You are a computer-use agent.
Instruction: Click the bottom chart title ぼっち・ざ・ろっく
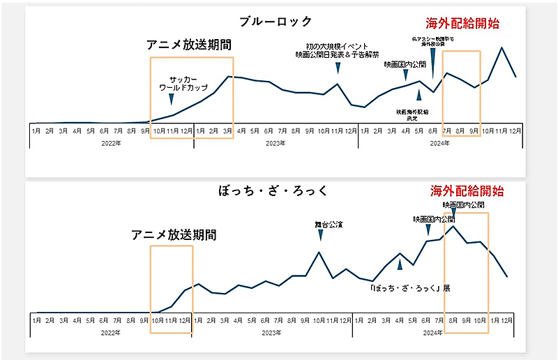pos(271,190)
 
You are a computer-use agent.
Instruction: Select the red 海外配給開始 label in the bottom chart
pos(465,190)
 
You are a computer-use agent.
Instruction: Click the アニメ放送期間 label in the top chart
pos(188,44)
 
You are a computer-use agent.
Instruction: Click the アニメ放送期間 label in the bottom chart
pos(173,235)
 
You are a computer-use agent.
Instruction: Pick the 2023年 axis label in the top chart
pos(275,144)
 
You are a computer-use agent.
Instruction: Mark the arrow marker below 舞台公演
pos(320,236)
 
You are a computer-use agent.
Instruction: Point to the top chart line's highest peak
pos(502,47)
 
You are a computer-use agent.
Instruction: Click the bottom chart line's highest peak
pos(453,225)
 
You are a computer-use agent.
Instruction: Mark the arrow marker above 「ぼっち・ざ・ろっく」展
pos(400,264)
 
